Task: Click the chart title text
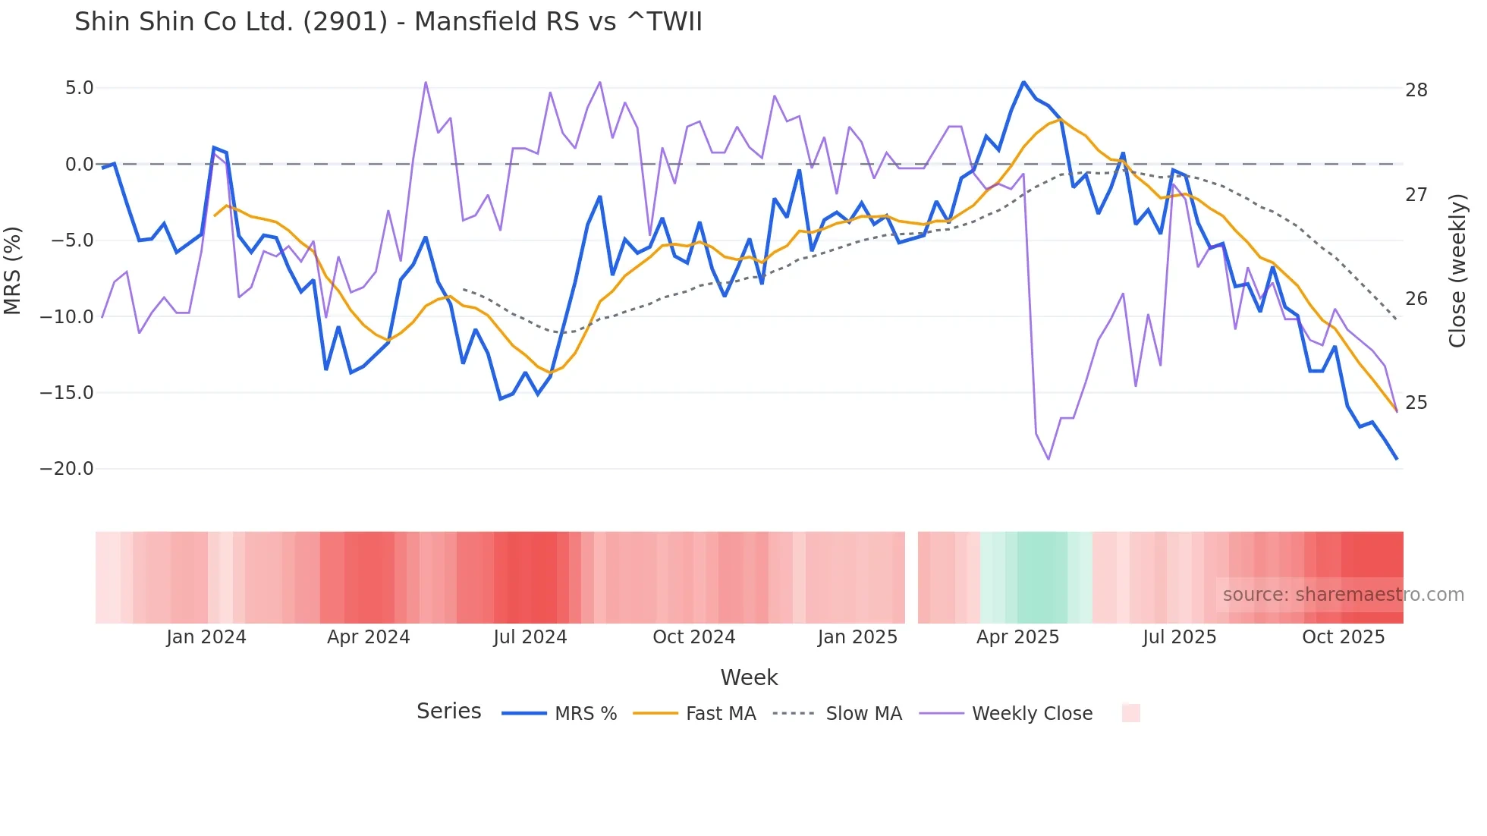[x=388, y=22]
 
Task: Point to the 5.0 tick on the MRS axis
[x=79, y=88]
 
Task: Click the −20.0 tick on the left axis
[x=67, y=469]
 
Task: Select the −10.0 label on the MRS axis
[x=67, y=316]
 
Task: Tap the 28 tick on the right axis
[x=1416, y=90]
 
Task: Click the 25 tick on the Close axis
[x=1416, y=403]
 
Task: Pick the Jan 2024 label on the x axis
[x=206, y=637]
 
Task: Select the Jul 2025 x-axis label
[x=1179, y=637]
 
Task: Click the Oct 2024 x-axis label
[x=693, y=637]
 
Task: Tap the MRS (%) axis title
[x=13, y=270]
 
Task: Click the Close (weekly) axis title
[x=1457, y=270]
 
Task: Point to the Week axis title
[x=749, y=677]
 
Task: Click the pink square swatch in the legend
[x=1130, y=713]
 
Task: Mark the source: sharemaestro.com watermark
[x=1343, y=595]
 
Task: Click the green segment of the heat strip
[x=1042, y=577]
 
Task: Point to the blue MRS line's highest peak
[x=1023, y=82]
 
